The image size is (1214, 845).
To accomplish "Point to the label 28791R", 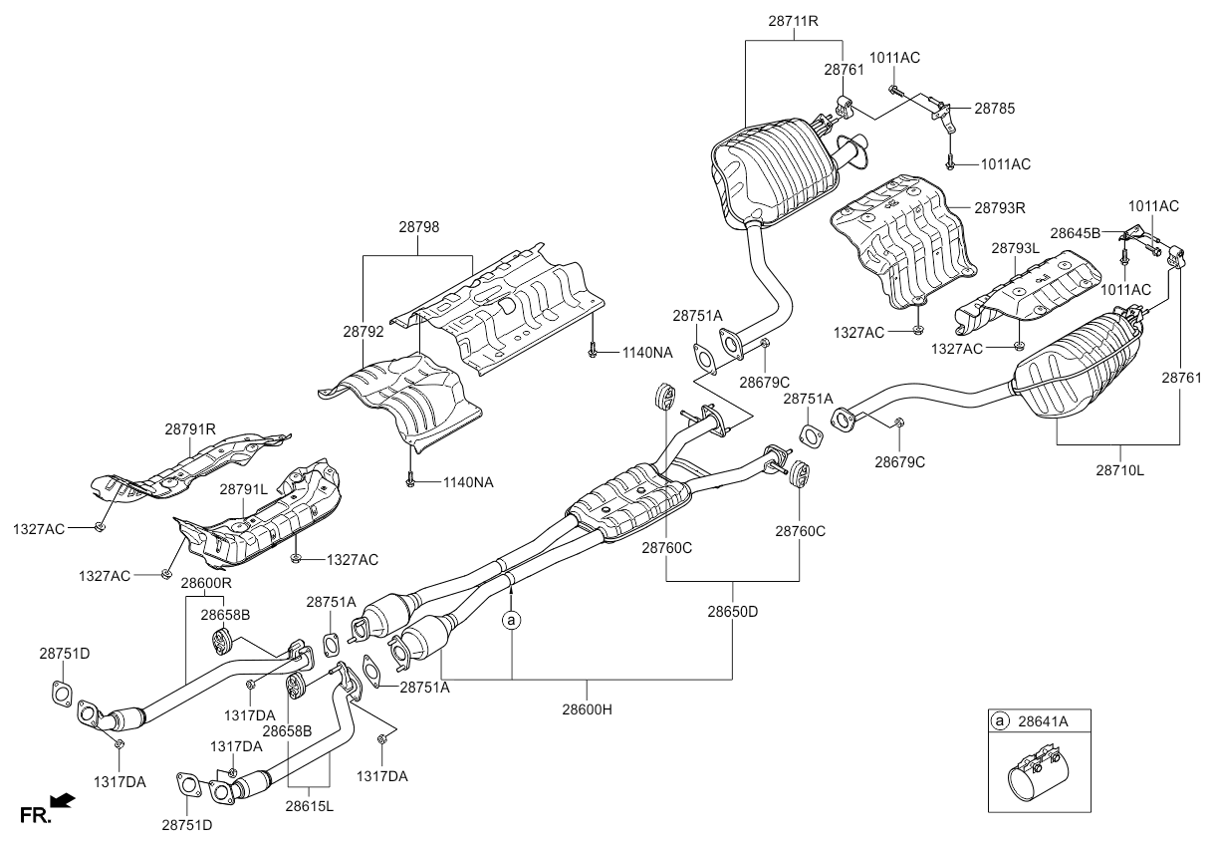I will tap(190, 429).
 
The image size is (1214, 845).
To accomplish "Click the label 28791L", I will tap(243, 489).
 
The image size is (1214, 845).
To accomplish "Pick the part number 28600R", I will tap(206, 582).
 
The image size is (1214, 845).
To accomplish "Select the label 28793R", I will tap(999, 208).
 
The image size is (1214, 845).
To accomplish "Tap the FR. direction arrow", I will tap(61, 800).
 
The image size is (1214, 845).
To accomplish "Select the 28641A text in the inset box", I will tap(1043, 720).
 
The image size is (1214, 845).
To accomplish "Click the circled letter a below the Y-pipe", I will tap(511, 621).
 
